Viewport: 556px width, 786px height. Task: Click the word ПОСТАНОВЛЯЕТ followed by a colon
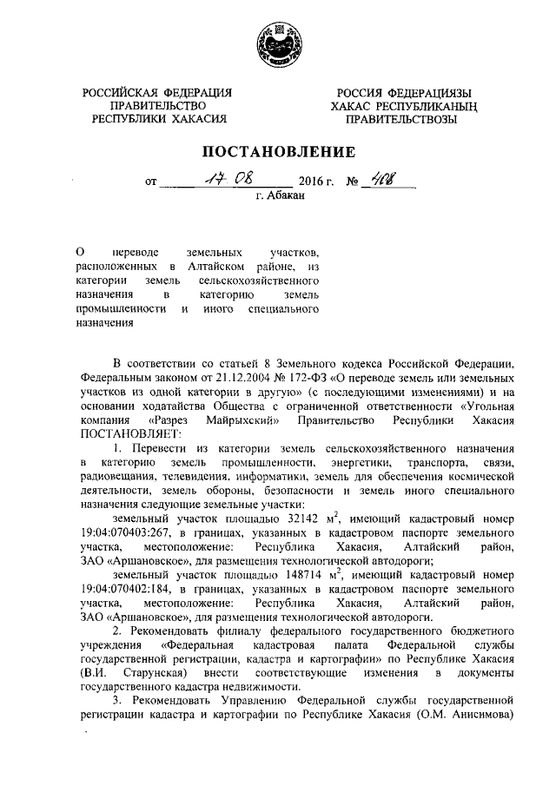click(x=127, y=433)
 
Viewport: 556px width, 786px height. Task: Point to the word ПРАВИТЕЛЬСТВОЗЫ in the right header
click(x=400, y=121)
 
